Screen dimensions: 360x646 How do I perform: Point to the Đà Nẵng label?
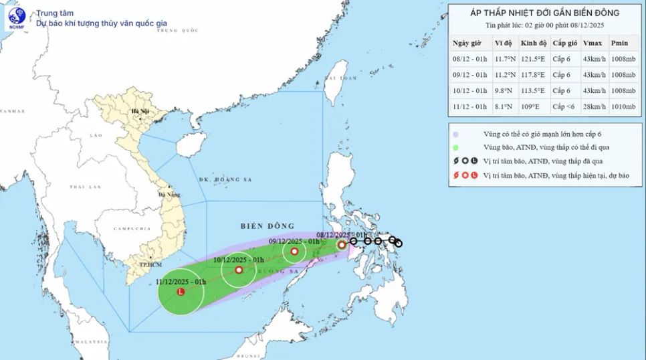(164, 195)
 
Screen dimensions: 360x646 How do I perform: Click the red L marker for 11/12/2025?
(180, 292)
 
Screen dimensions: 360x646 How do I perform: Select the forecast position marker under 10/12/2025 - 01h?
(239, 270)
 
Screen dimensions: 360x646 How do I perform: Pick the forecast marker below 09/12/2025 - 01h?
(294, 252)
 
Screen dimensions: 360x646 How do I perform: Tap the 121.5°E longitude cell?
(534, 58)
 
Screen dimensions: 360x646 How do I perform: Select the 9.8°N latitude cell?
(503, 90)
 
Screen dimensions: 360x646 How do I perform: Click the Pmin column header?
(621, 42)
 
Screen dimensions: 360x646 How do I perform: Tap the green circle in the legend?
(455, 147)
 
